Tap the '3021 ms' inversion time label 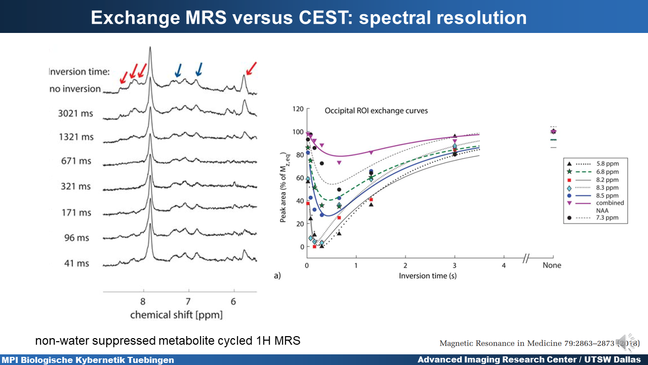click(75, 114)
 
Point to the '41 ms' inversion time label click(77, 263)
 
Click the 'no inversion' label click(75, 89)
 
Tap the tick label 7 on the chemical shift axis click(188, 301)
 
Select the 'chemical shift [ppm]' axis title click(176, 315)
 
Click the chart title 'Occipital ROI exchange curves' click(376, 111)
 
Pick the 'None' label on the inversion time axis click(552, 265)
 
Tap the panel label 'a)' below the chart click(277, 276)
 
